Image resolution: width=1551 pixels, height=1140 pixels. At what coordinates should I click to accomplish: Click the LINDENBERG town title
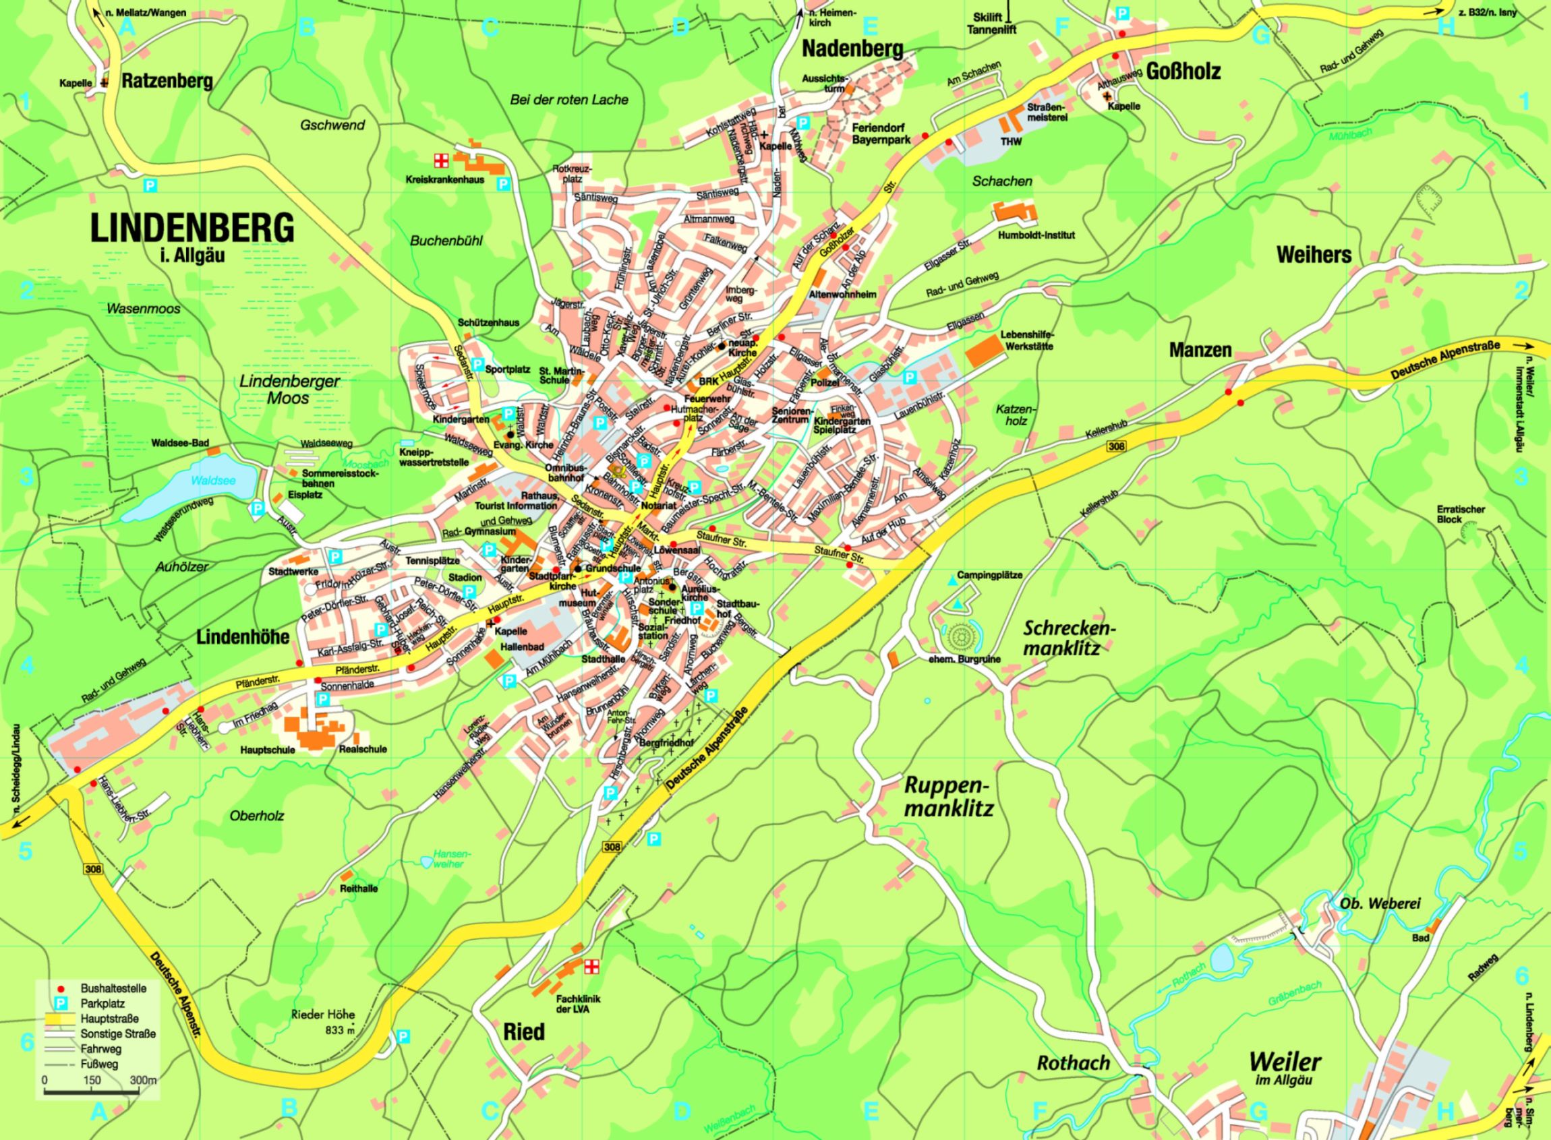(x=193, y=228)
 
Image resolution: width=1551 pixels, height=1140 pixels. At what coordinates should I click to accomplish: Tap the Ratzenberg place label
(x=167, y=81)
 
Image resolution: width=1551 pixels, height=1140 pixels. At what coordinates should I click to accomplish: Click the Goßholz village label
(x=1183, y=70)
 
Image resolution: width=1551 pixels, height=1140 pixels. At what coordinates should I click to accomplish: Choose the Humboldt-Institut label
(x=1036, y=235)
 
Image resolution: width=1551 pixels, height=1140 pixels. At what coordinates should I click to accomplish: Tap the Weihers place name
(x=1314, y=254)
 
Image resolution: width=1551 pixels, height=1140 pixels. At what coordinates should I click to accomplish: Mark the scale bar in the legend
(x=91, y=1091)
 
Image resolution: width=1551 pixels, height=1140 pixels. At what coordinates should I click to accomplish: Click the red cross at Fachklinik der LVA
(x=591, y=967)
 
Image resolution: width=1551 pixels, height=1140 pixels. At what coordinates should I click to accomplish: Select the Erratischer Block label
(x=1461, y=514)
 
